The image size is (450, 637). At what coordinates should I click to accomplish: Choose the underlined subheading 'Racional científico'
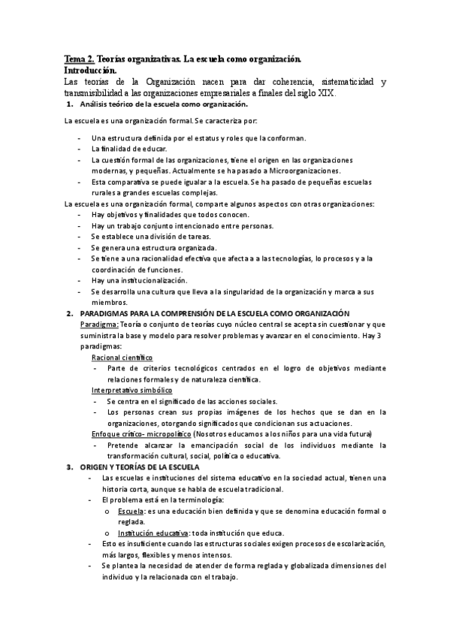122,358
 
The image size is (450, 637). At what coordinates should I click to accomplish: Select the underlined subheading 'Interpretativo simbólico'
132,391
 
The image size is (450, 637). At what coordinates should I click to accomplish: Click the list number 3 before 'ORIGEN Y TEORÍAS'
69,466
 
